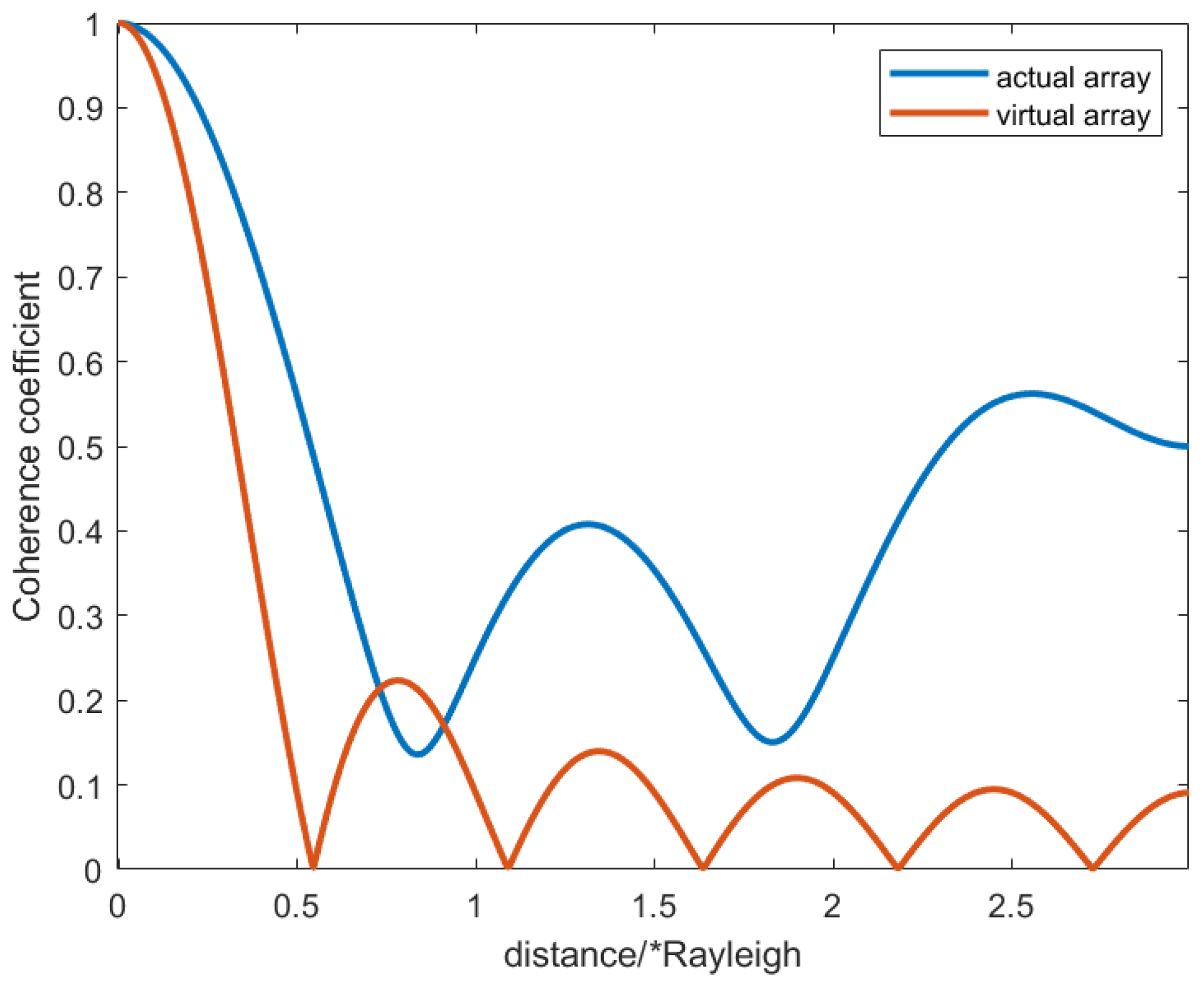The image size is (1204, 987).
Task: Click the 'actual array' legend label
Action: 1073,78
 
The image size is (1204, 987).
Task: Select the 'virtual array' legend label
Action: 1073,116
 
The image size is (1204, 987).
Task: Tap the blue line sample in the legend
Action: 938,73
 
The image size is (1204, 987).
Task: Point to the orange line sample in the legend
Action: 938,113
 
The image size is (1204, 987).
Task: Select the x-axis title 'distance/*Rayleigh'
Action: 652,955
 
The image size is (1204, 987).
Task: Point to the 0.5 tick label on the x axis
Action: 296,906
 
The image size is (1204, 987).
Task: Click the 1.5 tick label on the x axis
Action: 654,906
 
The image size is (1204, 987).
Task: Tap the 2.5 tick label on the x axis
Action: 1011,906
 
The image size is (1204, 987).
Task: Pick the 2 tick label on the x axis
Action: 832,906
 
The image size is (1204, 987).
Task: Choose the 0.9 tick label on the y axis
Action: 80,109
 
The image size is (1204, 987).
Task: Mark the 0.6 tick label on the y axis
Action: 80,363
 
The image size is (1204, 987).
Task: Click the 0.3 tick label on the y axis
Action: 80,617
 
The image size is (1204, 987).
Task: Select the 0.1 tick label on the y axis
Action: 80,786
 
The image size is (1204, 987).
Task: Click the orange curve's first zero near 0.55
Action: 313,866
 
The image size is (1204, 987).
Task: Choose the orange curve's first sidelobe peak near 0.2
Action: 397,680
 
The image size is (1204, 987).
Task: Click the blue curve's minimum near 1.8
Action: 773,742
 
